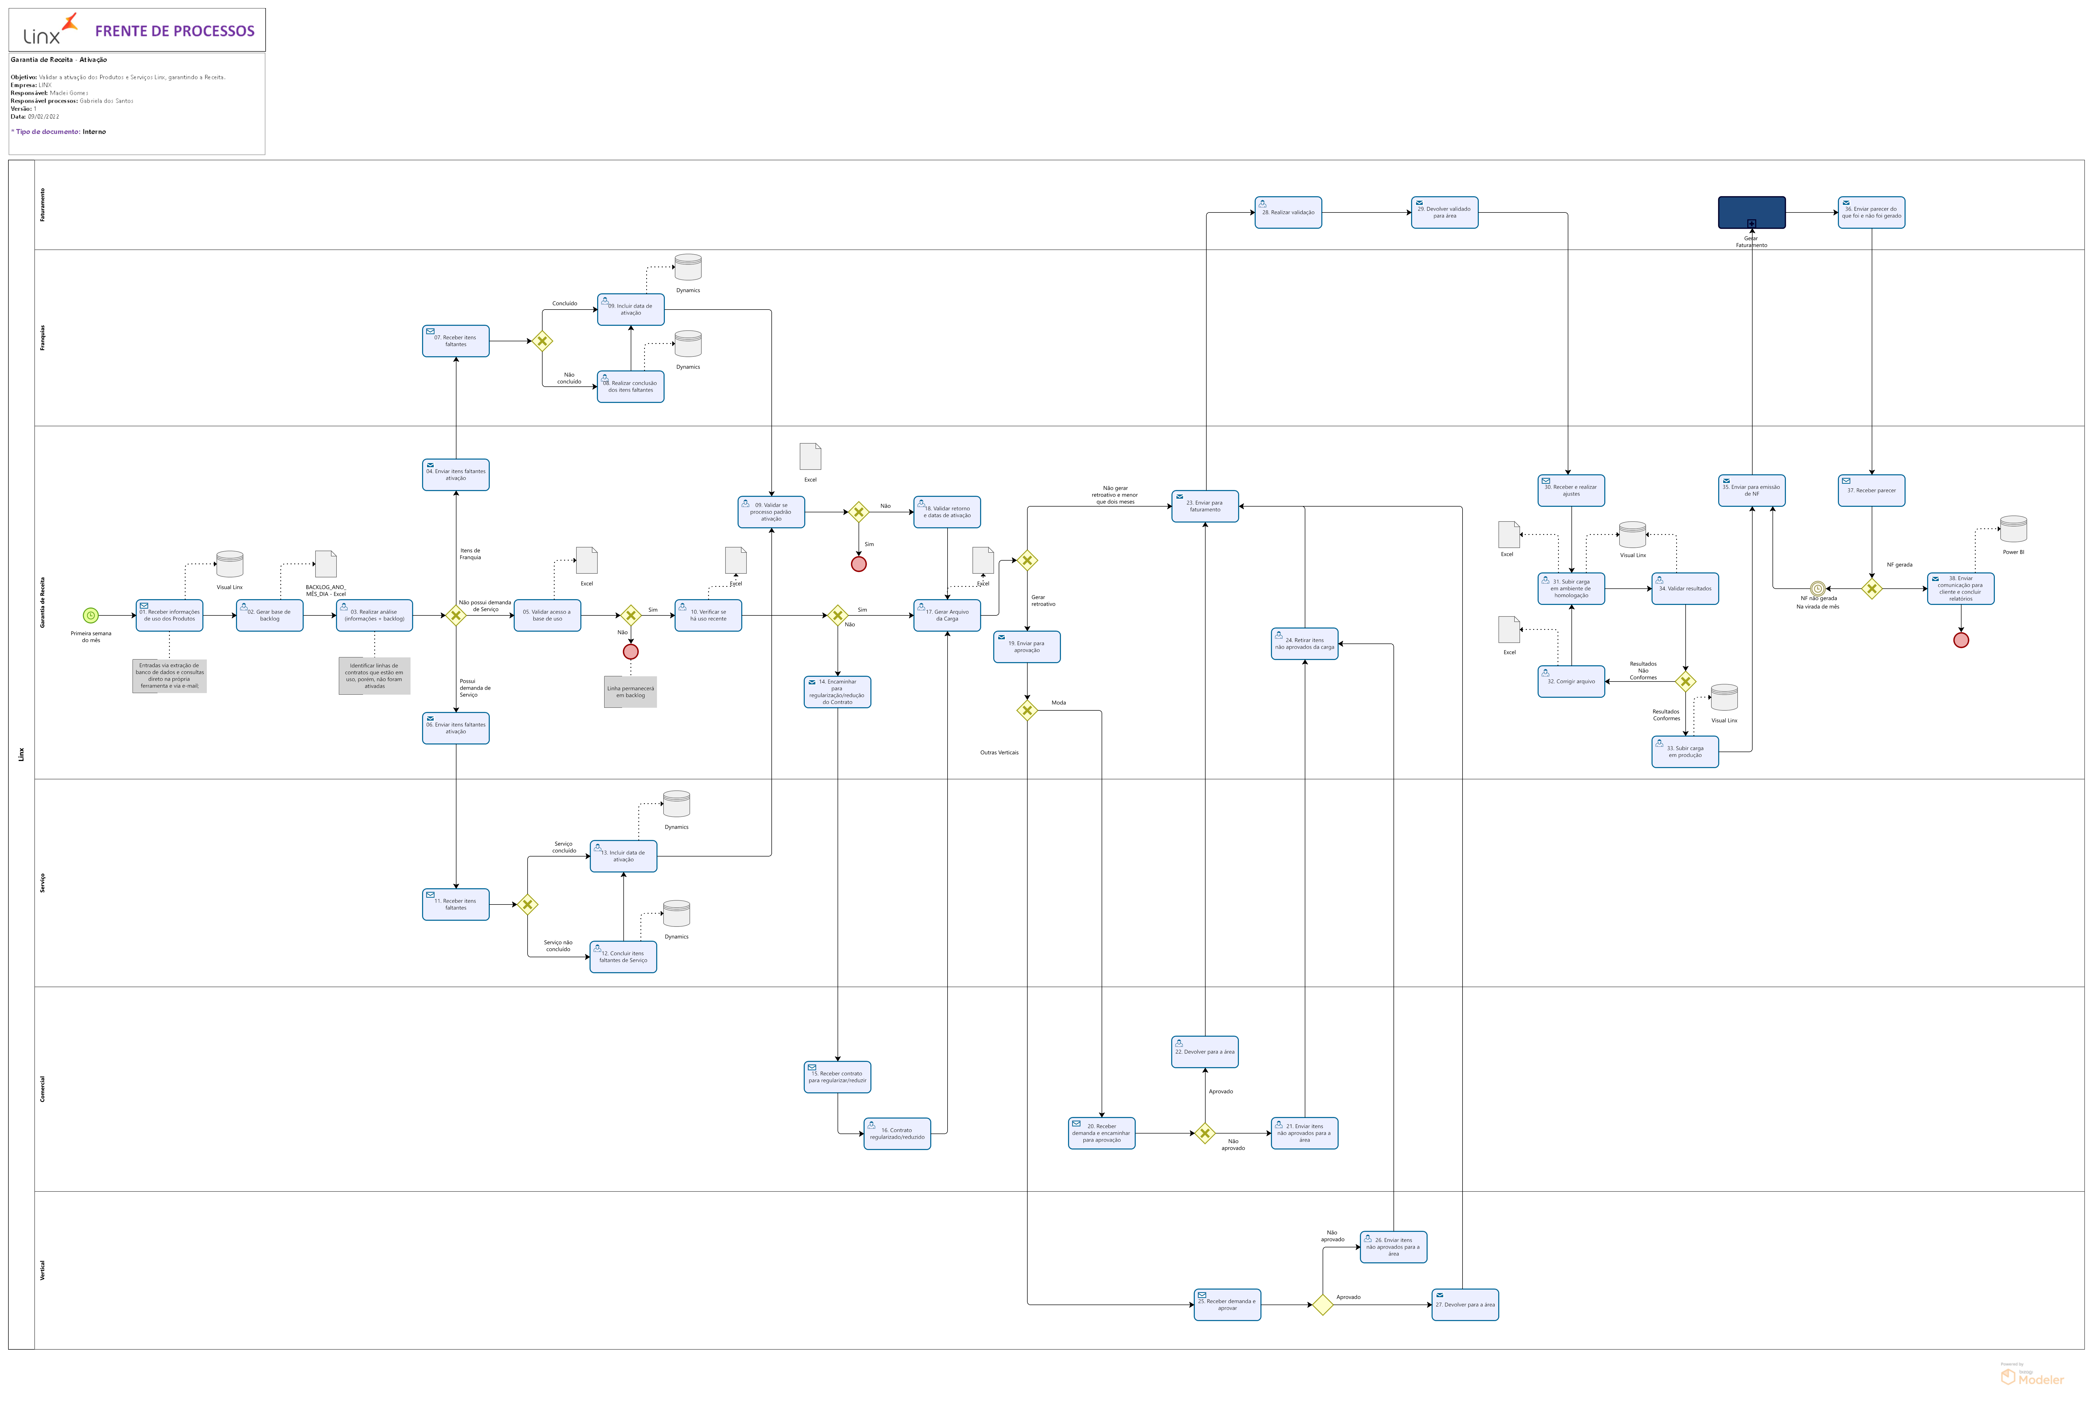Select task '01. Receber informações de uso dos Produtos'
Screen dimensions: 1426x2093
(x=169, y=616)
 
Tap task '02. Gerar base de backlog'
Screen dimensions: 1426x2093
(x=269, y=616)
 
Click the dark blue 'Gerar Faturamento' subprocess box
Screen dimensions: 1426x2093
(x=1751, y=212)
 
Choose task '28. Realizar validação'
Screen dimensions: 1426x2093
(x=1288, y=212)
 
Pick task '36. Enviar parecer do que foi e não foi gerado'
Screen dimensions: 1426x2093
(x=1871, y=212)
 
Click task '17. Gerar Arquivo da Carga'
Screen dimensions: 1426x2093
(x=946, y=616)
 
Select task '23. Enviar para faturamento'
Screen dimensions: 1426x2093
(x=1204, y=506)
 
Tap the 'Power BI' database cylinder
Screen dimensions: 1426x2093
(x=2013, y=529)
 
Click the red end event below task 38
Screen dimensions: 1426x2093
(x=1961, y=640)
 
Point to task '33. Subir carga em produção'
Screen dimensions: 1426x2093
(x=1684, y=752)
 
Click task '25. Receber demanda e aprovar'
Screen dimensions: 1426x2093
(x=1227, y=1305)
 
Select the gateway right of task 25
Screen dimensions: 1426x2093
(x=1322, y=1305)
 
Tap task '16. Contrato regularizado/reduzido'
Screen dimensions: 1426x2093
(x=897, y=1134)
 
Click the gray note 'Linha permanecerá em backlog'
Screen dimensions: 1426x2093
(x=630, y=691)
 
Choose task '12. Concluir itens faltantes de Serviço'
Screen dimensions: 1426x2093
(x=623, y=957)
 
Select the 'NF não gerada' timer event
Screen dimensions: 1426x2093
(x=1817, y=589)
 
